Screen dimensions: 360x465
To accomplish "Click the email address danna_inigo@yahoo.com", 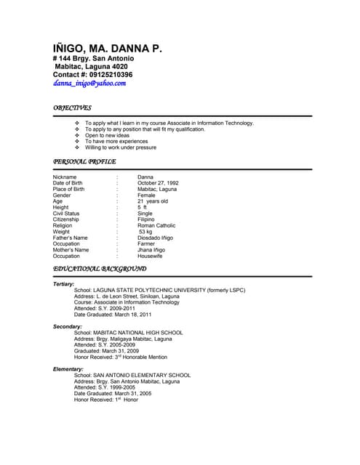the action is [x=89, y=84].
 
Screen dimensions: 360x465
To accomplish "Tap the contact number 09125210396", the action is [x=108, y=74].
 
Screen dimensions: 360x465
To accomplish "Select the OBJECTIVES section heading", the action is [x=72, y=108].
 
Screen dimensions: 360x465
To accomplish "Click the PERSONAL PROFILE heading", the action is [x=84, y=161].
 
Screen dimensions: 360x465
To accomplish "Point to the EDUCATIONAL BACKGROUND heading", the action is [x=100, y=269].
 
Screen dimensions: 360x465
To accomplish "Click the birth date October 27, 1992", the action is [x=158, y=183].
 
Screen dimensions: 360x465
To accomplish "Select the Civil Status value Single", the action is [x=145, y=214].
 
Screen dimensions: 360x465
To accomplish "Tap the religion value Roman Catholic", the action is [x=156, y=226].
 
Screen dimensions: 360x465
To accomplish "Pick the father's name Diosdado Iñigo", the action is [x=156, y=238].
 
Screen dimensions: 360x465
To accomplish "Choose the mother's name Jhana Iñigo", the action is [x=151, y=250].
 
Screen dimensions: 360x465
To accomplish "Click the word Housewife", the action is [x=150, y=256].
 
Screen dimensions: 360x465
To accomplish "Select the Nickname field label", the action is [x=65, y=177].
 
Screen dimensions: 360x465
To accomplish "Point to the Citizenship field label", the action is [x=68, y=219].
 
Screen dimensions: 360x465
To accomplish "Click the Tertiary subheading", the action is [x=63, y=284].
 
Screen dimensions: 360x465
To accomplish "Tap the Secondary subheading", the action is [x=68, y=327].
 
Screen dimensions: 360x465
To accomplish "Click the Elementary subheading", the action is [x=68, y=369].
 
